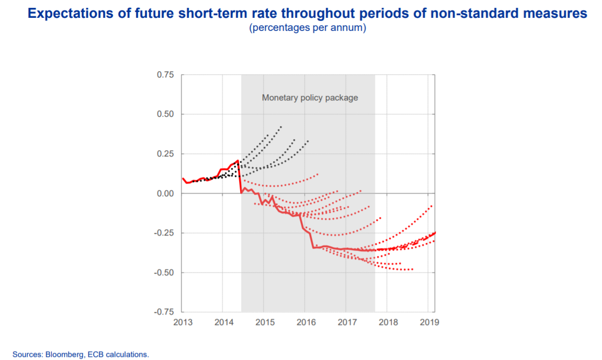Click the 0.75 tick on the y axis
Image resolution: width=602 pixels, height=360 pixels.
(165, 75)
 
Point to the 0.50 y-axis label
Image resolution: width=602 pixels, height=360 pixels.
(165, 115)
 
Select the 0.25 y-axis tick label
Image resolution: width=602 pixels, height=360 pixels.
(165, 154)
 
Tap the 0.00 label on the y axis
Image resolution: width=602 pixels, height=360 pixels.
(165, 194)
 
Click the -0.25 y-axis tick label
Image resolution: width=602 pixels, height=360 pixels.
(164, 233)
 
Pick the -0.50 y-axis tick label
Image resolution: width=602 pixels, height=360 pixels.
(164, 273)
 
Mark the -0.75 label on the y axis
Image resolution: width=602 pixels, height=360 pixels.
(164, 312)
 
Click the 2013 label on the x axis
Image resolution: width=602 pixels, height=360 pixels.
(182, 322)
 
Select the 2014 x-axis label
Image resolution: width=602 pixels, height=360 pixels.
(223, 322)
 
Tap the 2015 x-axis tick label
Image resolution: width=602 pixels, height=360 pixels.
(264, 322)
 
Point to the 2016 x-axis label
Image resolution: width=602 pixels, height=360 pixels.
(305, 322)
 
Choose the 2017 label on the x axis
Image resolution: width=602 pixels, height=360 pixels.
(346, 322)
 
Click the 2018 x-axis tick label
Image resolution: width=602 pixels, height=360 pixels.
(387, 322)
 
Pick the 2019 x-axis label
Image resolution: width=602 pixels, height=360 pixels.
(428, 322)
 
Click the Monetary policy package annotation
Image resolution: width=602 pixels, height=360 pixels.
(310, 98)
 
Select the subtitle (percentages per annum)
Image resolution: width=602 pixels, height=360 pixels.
(308, 28)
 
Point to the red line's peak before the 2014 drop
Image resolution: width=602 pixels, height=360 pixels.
(238, 161)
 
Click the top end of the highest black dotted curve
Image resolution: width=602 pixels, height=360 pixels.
(281, 127)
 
